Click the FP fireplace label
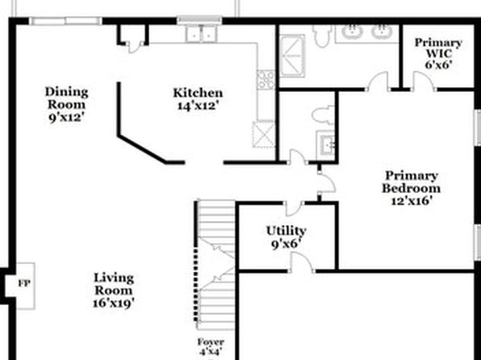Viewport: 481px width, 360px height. pyautogui.click(x=24, y=283)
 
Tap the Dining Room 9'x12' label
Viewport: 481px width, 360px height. pyautogui.click(x=66, y=104)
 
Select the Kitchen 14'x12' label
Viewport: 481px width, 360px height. pyautogui.click(x=198, y=98)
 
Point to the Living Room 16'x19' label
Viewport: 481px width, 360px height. pyautogui.click(x=114, y=291)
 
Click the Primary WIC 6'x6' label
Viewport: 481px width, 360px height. pyautogui.click(x=439, y=54)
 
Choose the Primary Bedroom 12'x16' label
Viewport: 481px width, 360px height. pyautogui.click(x=412, y=188)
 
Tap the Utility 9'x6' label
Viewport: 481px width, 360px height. pyautogui.click(x=286, y=237)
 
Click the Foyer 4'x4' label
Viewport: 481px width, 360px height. pyautogui.click(x=211, y=347)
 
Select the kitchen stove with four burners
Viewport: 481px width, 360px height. pyautogui.click(x=266, y=80)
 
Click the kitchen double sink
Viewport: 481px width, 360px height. pyautogui.click(x=201, y=34)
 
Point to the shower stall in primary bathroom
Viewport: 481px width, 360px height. pyautogui.click(x=292, y=56)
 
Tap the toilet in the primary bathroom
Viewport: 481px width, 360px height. pyautogui.click(x=322, y=36)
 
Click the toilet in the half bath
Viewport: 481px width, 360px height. pyautogui.click(x=324, y=115)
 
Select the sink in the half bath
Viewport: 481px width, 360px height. pyautogui.click(x=326, y=144)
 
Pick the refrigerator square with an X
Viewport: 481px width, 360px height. pyautogui.click(x=264, y=135)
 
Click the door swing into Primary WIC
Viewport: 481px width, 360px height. pyautogui.click(x=424, y=81)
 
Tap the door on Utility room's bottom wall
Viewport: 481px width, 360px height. pyautogui.click(x=301, y=262)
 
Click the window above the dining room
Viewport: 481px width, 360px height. pyautogui.click(x=65, y=21)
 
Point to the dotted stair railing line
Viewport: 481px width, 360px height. pyautogui.click(x=195, y=285)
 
